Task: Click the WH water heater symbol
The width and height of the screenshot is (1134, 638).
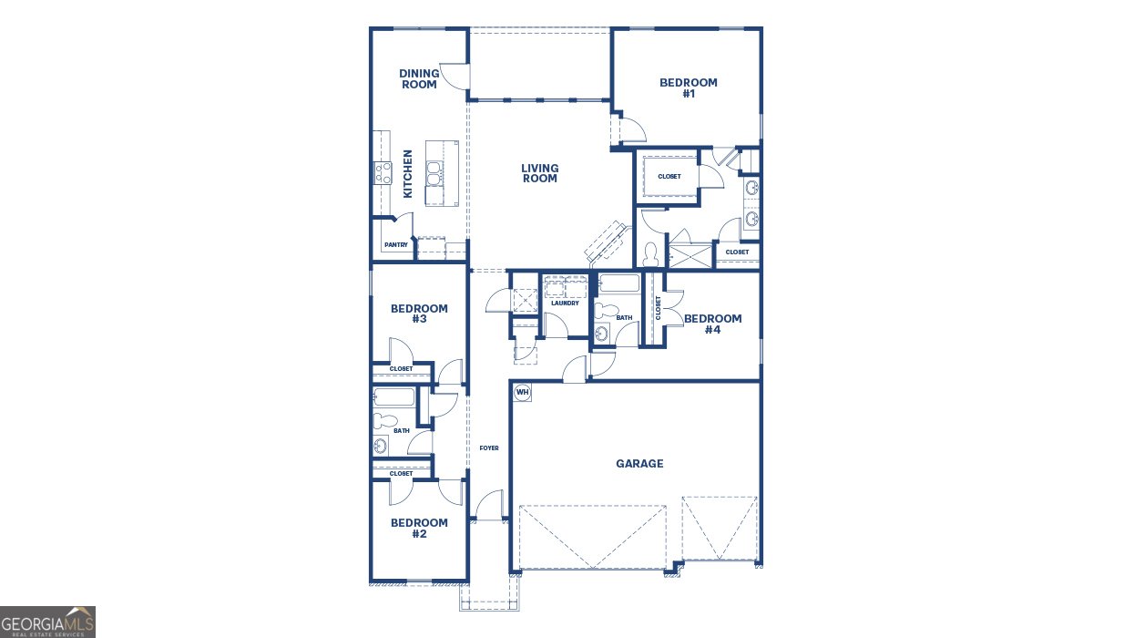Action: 522,392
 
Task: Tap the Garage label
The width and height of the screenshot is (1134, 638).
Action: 639,464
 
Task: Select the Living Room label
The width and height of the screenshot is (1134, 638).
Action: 539,173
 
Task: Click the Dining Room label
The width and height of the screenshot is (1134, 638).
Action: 419,79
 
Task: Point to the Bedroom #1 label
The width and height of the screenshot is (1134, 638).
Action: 689,87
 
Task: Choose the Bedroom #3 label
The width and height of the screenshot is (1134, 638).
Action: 419,314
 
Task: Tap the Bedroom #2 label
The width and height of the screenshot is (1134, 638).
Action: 419,528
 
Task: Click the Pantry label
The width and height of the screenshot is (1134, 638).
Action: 395,245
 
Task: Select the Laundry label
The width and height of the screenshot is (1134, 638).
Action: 565,304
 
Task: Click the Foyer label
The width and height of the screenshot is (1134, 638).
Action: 489,448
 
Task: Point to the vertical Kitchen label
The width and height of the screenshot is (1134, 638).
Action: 408,174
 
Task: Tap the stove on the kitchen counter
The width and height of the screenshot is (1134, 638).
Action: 383,172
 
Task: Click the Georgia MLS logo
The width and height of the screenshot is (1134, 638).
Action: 47,623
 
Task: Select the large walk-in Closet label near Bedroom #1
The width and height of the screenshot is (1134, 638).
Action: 669,177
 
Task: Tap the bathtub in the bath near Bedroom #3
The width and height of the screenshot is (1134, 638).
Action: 394,398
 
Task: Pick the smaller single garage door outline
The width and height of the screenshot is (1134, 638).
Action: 720,528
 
